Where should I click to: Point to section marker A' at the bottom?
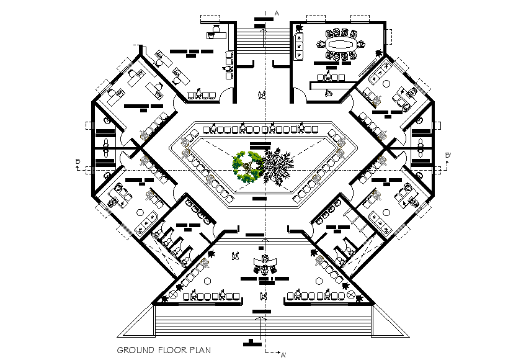tap(283, 355)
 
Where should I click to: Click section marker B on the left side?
tap(78, 162)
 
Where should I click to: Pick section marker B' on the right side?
tap(448, 156)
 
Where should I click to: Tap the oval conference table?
tap(339, 45)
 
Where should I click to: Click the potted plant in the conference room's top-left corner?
tap(299, 27)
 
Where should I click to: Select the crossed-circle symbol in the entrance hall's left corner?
tap(174, 296)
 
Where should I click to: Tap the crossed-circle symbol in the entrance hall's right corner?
tap(351, 295)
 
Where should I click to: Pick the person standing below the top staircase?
tap(262, 94)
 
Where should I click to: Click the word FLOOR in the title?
tap(168, 350)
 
